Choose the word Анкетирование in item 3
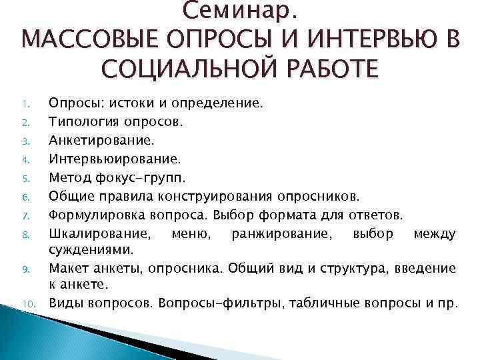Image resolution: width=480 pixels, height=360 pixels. pos(91,141)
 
